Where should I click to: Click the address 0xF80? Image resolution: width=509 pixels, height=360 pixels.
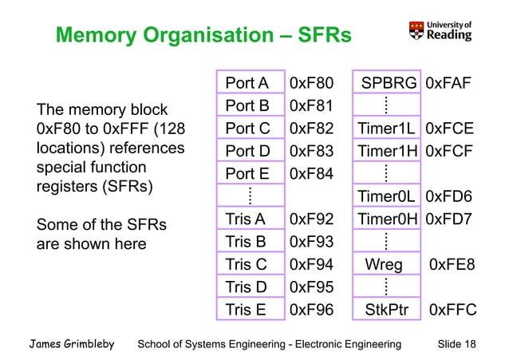(311, 83)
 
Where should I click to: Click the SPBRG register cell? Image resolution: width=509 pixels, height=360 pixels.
(388, 83)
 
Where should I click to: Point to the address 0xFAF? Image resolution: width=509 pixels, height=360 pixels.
(451, 83)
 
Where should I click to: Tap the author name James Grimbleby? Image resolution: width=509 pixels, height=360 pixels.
(73, 344)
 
